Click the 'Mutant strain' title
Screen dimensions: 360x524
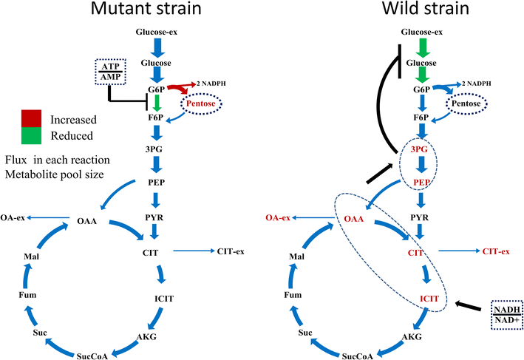coord(156,11)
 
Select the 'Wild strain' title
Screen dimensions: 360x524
coord(422,11)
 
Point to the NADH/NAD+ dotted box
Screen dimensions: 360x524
coord(507,311)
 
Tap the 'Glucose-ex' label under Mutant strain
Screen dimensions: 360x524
coord(157,32)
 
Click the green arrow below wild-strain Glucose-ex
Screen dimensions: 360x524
coord(421,48)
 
